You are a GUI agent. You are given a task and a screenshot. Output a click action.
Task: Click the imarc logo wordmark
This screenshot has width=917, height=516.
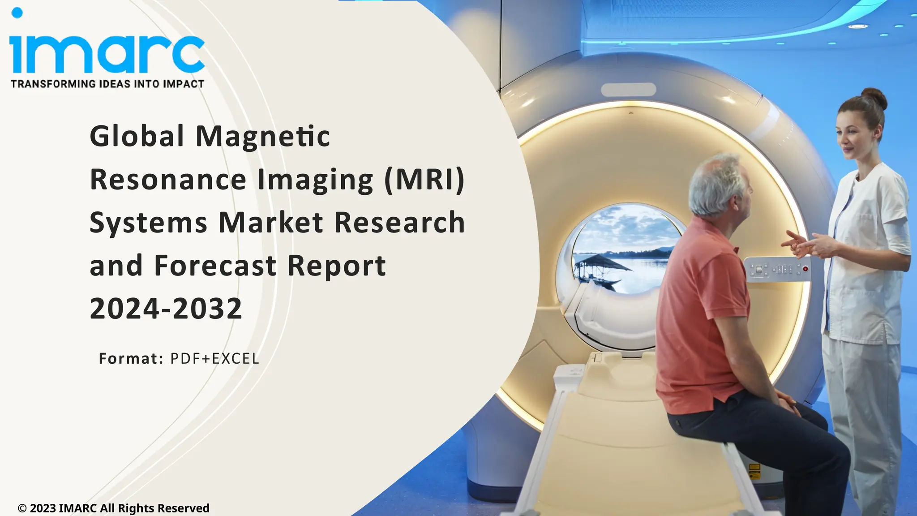coord(107,54)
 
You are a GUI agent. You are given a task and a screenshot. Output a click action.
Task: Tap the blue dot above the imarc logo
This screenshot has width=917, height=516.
coord(17,13)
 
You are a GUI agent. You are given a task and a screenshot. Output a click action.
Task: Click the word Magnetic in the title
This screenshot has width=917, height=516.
coord(263,136)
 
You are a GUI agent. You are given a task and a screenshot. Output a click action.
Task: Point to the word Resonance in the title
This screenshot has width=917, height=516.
coord(168,179)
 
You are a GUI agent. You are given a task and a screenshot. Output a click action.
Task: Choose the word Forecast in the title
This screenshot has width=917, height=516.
coord(215,266)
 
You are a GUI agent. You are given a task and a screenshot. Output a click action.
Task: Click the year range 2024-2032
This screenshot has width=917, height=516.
coord(166,309)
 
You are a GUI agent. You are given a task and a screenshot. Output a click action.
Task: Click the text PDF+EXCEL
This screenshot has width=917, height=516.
coord(215,359)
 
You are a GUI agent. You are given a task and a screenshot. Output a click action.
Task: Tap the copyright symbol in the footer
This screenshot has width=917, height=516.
coord(22,508)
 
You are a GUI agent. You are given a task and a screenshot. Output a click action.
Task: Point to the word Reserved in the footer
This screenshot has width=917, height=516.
coord(184,508)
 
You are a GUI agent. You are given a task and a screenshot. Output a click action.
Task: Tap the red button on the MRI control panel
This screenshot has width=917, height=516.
coord(806,269)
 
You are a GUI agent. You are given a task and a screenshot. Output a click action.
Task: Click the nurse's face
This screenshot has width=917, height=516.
coord(852,134)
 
